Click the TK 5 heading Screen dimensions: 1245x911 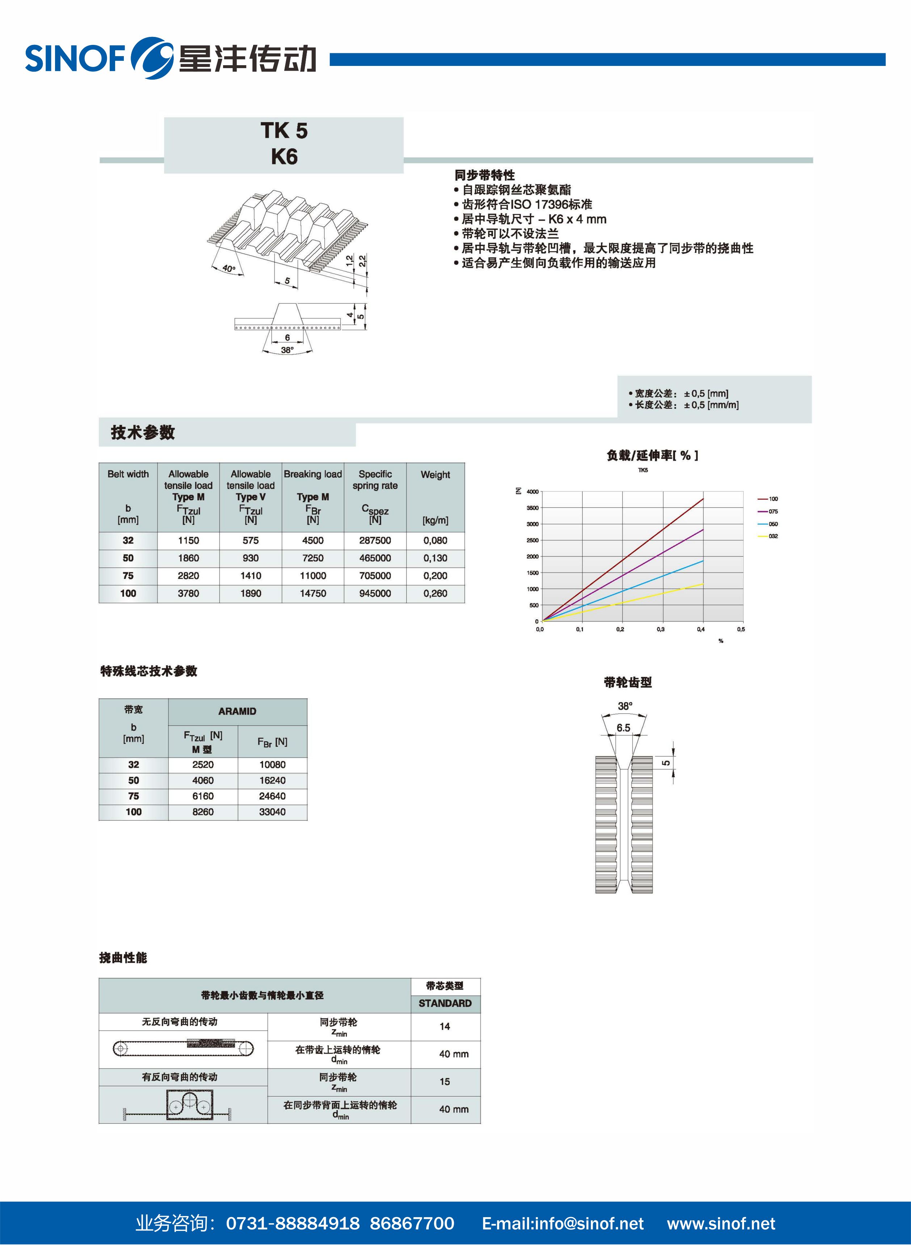tap(284, 131)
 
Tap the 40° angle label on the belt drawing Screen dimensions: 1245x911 tap(229, 268)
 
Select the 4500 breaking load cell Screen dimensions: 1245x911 tap(313, 540)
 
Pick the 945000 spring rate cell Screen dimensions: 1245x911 tap(375, 593)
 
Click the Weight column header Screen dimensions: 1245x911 tap(435, 475)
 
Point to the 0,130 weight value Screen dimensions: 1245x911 tap(435, 558)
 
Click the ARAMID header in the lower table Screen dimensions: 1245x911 tap(237, 711)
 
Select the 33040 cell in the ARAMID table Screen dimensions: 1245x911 tap(272, 812)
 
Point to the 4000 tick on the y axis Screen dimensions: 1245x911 tap(532, 492)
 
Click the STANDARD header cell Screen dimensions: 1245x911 tap(445, 1003)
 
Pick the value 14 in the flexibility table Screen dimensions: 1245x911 tap(445, 1026)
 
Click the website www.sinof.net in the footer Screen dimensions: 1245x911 tap(721, 1224)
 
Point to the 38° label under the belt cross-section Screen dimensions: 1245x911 tap(287, 349)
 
